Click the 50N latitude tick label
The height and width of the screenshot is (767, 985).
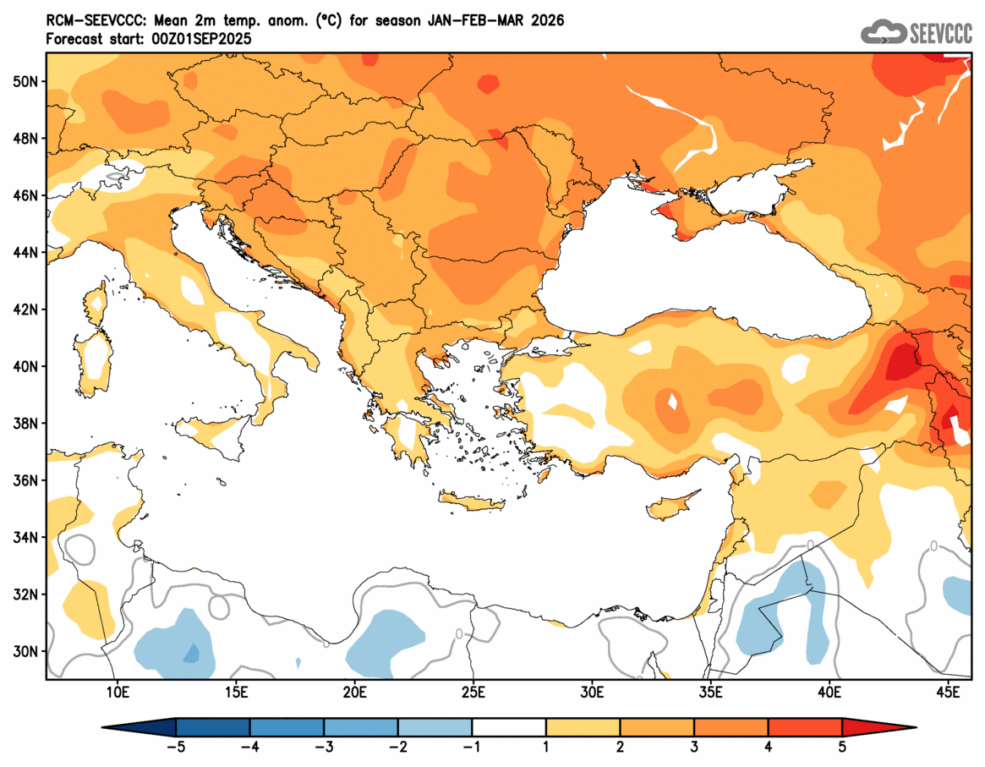[x=25, y=81]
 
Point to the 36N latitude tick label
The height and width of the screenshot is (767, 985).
[x=25, y=480]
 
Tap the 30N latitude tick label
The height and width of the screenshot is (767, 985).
[x=25, y=651]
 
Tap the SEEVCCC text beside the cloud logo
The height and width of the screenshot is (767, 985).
[x=941, y=34]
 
